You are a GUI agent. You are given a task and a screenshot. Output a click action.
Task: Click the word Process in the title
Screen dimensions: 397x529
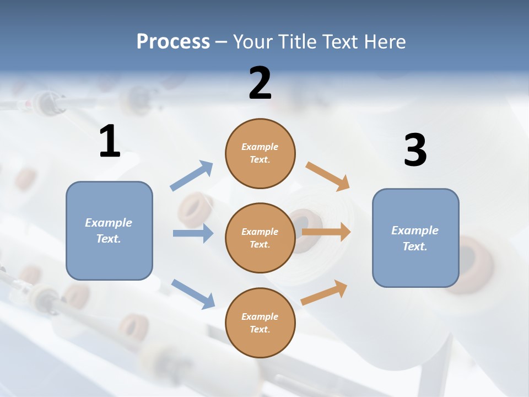(173, 41)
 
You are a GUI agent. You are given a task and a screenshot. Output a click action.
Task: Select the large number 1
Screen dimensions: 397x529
(110, 142)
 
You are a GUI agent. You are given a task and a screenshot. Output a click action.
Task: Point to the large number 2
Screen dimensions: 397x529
(260, 83)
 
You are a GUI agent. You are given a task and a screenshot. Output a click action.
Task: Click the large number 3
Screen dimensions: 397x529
(415, 151)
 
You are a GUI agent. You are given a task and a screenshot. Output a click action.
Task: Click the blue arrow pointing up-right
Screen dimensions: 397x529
(191, 176)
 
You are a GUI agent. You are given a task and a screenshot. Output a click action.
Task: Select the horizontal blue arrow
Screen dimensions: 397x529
(193, 233)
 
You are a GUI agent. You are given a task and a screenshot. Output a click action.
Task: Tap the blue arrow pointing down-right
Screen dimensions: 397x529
(193, 294)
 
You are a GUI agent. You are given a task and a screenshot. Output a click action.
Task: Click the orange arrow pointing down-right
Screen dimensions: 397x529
(327, 176)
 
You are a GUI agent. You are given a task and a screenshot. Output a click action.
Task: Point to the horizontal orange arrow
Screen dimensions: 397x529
(326, 232)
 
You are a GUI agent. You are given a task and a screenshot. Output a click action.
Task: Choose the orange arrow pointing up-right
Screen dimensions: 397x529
(324, 293)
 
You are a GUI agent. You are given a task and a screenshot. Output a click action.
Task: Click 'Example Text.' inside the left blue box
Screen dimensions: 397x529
(109, 230)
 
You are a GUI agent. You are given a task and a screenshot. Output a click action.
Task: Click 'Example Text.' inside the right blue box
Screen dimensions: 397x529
(415, 238)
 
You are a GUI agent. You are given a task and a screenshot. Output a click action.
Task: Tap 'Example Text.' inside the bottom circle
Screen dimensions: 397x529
(260, 323)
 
